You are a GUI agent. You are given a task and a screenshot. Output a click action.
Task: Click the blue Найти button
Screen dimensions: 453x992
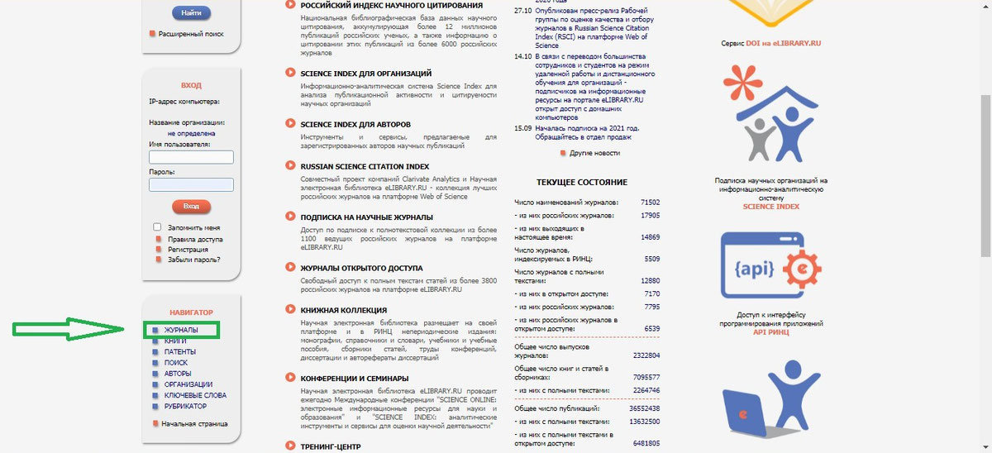tap(191, 13)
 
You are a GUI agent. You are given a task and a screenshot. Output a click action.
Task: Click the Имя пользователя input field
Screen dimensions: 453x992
tap(191, 157)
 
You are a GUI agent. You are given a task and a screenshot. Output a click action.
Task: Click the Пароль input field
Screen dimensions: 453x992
tap(191, 185)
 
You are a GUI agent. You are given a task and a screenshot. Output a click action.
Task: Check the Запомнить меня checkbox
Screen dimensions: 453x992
tap(157, 226)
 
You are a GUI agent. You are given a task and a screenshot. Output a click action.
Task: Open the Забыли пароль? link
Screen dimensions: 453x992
tap(193, 260)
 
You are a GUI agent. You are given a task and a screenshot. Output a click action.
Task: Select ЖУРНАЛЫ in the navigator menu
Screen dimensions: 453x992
tap(181, 331)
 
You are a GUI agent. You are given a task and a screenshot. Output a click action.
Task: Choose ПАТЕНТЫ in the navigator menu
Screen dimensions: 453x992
tap(179, 352)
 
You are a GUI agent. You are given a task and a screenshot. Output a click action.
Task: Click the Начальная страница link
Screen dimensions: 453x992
tap(194, 424)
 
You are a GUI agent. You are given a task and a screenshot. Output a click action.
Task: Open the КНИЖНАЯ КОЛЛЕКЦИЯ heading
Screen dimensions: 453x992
tap(343, 310)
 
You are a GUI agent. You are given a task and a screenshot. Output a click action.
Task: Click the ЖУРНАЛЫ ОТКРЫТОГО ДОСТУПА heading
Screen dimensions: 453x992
tap(361, 268)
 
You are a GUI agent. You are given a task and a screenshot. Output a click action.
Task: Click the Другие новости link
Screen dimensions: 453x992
tap(594, 153)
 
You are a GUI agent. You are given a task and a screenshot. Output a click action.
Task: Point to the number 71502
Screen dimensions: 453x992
tap(650, 203)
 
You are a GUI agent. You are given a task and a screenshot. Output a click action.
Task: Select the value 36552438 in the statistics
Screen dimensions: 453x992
tap(644, 408)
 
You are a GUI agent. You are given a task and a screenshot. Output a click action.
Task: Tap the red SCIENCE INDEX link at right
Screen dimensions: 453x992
tap(770, 207)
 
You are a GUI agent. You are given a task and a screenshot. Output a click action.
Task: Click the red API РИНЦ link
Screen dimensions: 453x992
tap(770, 331)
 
